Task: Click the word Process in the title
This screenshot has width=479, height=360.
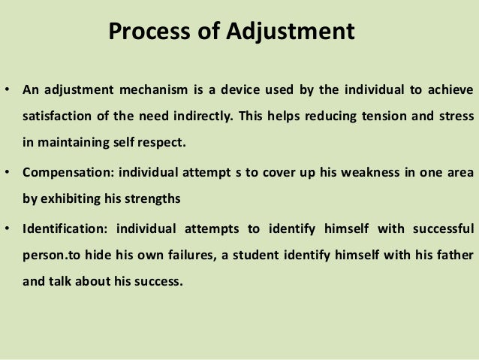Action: click(144, 33)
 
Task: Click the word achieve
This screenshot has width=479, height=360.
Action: click(448, 92)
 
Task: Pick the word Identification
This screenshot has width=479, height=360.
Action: click(58, 228)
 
